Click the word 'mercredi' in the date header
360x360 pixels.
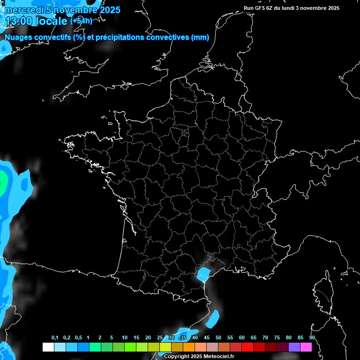tap(22, 10)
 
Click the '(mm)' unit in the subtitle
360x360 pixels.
tap(200, 37)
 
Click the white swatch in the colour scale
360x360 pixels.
tap(48, 347)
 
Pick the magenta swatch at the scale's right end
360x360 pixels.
tap(306, 347)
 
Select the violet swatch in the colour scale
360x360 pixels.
tap(294, 347)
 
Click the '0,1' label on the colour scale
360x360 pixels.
tap(55, 338)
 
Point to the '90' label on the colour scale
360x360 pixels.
tap(312, 338)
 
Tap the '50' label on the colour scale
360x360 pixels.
tap(218, 338)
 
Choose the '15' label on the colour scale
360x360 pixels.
tap(136, 338)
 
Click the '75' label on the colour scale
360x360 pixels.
tap(277, 338)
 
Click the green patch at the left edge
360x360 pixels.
tap(2, 180)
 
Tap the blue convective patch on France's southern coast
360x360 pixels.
tap(203, 273)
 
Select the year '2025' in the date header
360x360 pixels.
tap(109, 10)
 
